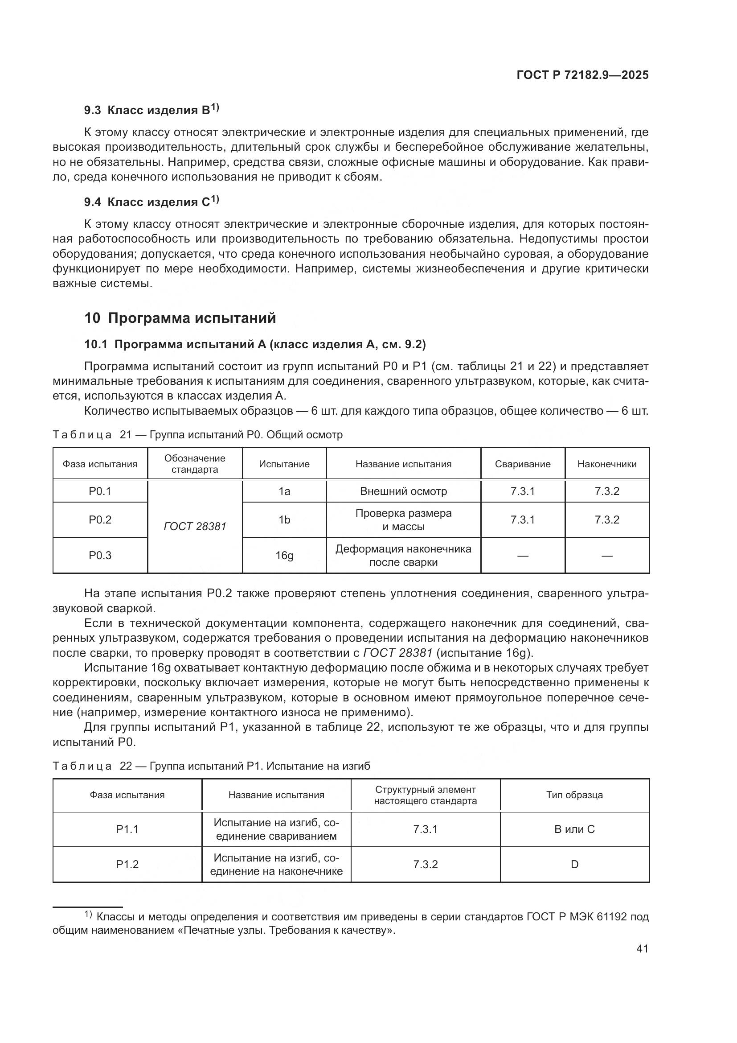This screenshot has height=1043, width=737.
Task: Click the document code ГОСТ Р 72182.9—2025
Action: [x=582, y=75]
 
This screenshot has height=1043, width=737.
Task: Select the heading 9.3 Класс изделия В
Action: [x=151, y=110]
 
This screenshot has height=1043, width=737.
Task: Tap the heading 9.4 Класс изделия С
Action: [x=151, y=202]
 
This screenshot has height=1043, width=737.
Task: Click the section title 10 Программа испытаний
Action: [x=180, y=318]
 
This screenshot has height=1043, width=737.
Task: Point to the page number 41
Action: [x=642, y=948]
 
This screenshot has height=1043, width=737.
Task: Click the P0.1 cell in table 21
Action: [x=100, y=491]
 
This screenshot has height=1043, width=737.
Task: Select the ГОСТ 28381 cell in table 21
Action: [x=195, y=527]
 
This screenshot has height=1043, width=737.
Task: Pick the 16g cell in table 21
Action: [x=284, y=556]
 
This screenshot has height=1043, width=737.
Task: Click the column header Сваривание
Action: [x=522, y=464]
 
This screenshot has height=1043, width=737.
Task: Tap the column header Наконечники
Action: [x=607, y=464]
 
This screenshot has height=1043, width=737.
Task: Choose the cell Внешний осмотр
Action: [x=403, y=491]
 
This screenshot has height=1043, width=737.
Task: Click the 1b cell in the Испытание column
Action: [x=284, y=519]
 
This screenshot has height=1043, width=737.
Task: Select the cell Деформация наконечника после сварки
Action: [x=403, y=556]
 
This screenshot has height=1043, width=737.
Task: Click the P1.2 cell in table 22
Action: [x=127, y=864]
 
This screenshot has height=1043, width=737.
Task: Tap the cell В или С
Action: [x=574, y=829]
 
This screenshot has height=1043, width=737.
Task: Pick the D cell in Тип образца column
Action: [x=574, y=864]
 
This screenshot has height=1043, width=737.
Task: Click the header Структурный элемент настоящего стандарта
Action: [x=425, y=795]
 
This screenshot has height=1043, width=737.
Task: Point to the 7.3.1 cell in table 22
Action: [x=425, y=829]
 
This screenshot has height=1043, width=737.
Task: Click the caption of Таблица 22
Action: [x=212, y=766]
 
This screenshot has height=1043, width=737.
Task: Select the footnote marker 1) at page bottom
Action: [x=88, y=914]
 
